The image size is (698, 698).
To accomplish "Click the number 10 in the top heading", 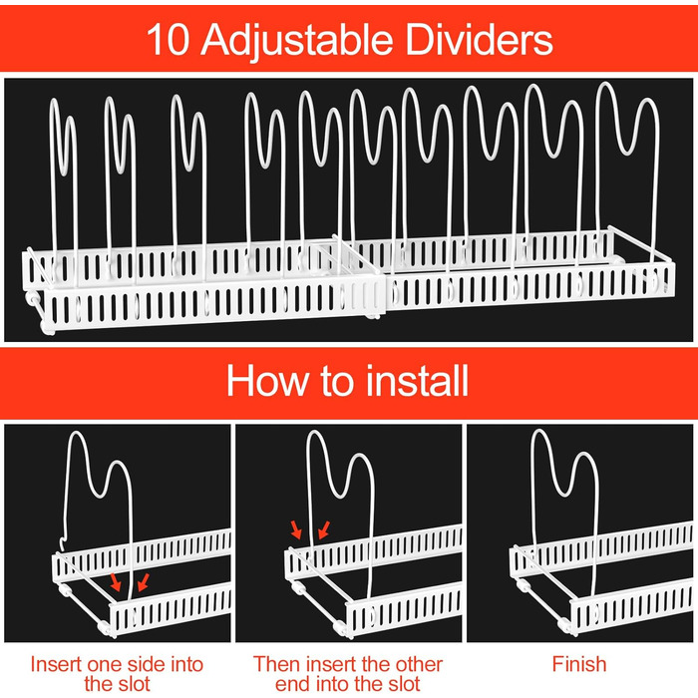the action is [168, 39].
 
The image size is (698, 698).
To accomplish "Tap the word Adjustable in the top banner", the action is [296, 41].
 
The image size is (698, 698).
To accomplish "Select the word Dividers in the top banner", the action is [479, 39].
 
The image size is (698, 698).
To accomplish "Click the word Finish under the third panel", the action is [579, 664].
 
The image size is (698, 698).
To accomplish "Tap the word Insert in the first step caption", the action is [57, 664].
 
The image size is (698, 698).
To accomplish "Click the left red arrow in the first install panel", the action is [116, 581].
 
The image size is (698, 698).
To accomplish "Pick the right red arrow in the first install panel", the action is [144, 582].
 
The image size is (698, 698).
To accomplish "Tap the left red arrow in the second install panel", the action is [296, 529].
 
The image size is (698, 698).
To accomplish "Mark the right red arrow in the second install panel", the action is [324, 529].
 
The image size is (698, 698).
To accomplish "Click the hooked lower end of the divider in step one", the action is [63, 544].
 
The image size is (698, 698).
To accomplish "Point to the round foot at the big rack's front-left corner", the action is [47, 328].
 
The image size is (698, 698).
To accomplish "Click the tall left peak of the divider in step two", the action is [317, 432].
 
